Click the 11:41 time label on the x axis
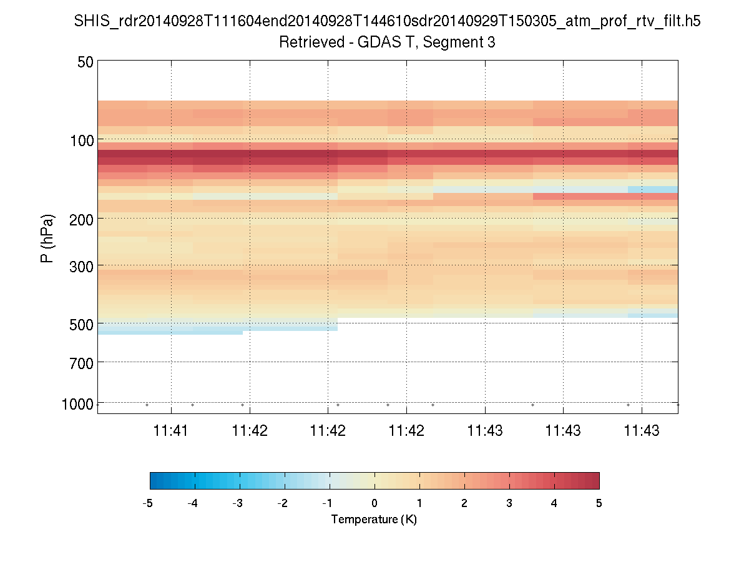171,430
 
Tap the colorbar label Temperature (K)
374,520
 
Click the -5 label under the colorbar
148,503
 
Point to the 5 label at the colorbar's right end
599,503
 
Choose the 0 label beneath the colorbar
374,503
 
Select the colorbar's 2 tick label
464,503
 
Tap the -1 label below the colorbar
328,503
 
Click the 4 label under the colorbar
554,503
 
